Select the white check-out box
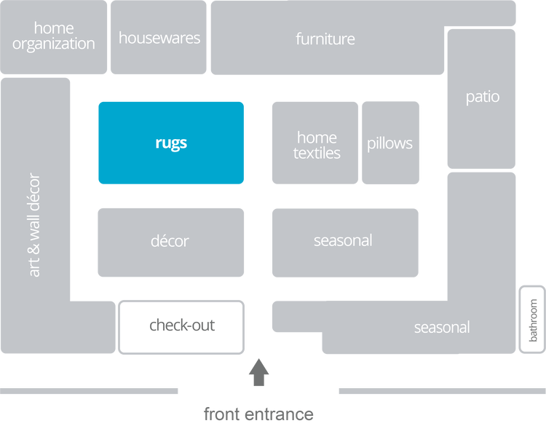[182, 326]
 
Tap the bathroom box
[533, 320]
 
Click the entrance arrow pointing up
[258, 371]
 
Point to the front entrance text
[258, 414]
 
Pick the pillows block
[390, 143]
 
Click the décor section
[170, 242]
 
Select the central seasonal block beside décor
[344, 241]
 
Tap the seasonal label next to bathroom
[442, 328]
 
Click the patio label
[483, 97]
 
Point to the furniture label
[325, 39]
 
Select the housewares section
[159, 38]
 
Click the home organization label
[54, 36]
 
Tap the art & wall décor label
[35, 224]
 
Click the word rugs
[171, 143]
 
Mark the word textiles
[317, 153]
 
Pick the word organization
[54, 44]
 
